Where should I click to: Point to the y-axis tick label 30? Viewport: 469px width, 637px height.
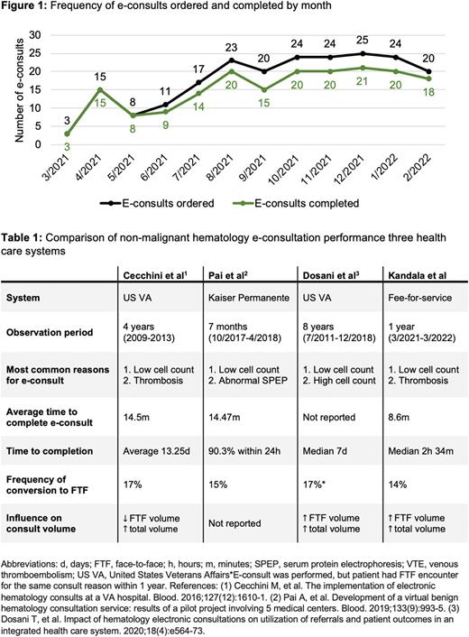(x=35, y=34)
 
